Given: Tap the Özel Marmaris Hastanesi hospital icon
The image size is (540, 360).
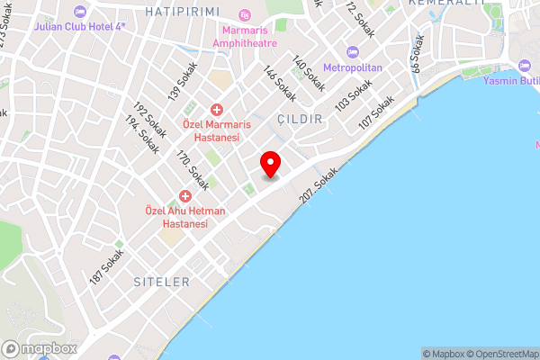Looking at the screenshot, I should [x=217, y=110].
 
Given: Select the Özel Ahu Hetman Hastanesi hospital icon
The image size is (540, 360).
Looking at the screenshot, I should [x=185, y=196].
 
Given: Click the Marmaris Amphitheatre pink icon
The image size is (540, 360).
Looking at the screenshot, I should [x=245, y=16].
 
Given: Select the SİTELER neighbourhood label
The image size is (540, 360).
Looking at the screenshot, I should [x=163, y=282].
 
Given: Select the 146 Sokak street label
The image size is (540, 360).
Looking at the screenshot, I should [x=279, y=83].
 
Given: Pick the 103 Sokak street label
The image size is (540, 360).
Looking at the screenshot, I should [x=354, y=96].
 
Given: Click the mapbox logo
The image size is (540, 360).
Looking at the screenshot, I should [x=39, y=348].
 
